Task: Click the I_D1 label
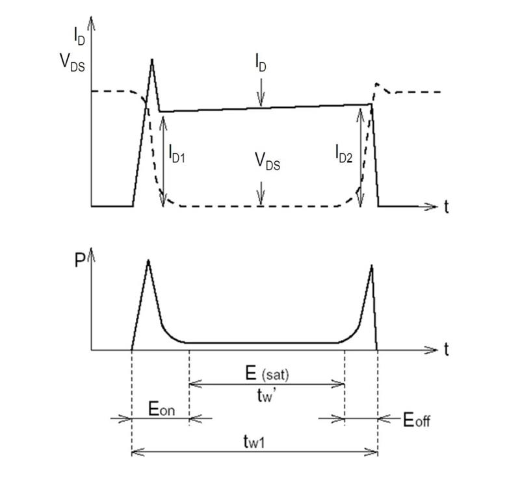[x=177, y=153]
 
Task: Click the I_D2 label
[x=344, y=154]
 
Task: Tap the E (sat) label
[x=267, y=374]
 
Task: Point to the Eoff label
[x=417, y=420]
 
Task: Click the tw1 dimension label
[x=254, y=441]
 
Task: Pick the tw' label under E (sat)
[x=267, y=395]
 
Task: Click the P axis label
[x=80, y=260]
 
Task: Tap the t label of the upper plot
[x=447, y=207]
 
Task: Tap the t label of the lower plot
[x=447, y=350]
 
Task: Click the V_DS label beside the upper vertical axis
[x=72, y=62]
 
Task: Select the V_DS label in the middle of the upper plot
[x=267, y=161]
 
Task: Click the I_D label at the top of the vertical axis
[x=79, y=36]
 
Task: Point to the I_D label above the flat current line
[x=261, y=62]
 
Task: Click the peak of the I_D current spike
[x=152, y=59]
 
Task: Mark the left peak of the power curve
[x=148, y=260]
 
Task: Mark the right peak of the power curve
[x=372, y=265]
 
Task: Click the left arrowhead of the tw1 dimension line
[x=137, y=452]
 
